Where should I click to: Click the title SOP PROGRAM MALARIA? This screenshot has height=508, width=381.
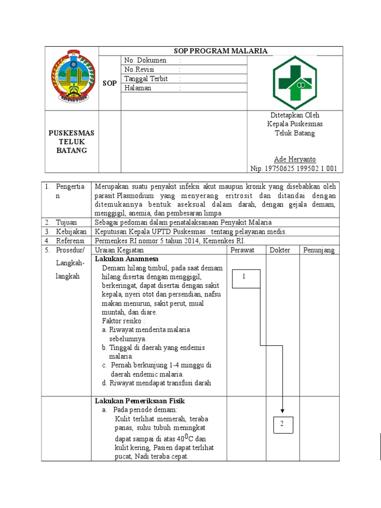[x=221, y=51]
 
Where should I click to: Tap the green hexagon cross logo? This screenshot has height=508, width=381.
[x=295, y=82]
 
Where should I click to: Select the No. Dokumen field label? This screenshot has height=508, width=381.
[x=145, y=61]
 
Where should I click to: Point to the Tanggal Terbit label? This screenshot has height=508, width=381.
[x=146, y=79]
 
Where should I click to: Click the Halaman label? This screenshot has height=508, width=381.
[x=138, y=88]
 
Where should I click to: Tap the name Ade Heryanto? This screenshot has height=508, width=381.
[x=295, y=159]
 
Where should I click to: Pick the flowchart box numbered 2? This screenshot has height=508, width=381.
[x=281, y=425]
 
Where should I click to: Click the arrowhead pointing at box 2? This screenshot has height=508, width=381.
[x=282, y=410]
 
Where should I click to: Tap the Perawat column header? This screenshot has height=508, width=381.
[x=243, y=250]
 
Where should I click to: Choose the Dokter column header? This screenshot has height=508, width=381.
[x=280, y=250]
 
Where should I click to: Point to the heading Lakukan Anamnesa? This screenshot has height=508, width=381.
[x=127, y=259]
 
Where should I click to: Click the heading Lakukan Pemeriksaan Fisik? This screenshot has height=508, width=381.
[x=139, y=400]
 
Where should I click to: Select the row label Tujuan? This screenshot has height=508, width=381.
[x=66, y=222]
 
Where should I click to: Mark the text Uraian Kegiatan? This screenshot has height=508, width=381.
[x=119, y=250]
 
